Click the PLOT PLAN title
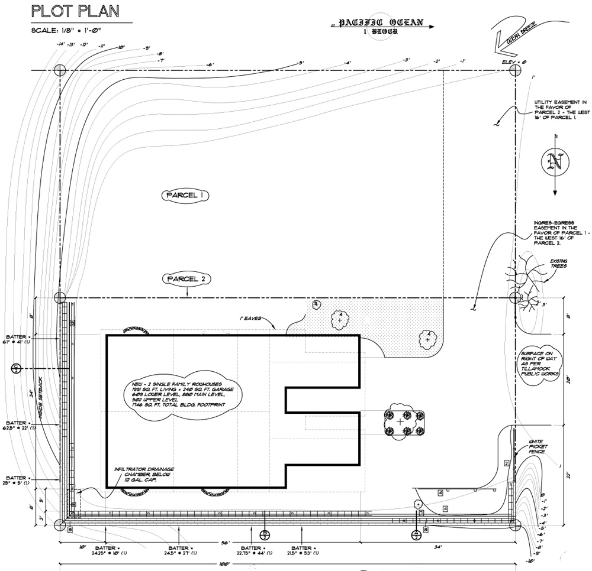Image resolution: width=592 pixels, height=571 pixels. click(75, 11)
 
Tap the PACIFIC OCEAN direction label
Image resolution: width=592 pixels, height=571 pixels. click(381, 24)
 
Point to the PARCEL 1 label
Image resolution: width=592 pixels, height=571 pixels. click(185, 194)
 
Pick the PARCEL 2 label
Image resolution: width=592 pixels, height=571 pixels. click(186, 278)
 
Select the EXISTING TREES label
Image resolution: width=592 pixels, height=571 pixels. click(558, 263)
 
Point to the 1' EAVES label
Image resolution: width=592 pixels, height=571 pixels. click(253, 318)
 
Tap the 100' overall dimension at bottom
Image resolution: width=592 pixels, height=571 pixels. click(224, 565)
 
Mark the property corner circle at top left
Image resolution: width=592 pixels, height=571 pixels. click(60, 70)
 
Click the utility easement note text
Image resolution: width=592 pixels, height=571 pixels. click(555, 109)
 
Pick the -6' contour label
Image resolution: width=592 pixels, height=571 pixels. click(209, 65)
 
